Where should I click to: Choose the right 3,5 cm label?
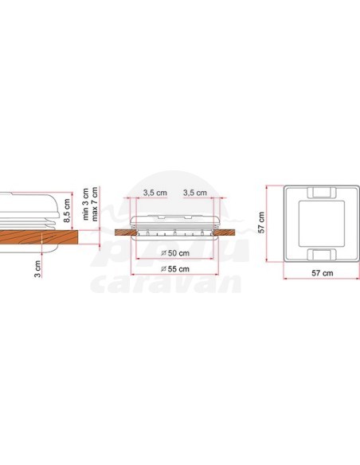(194, 193)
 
